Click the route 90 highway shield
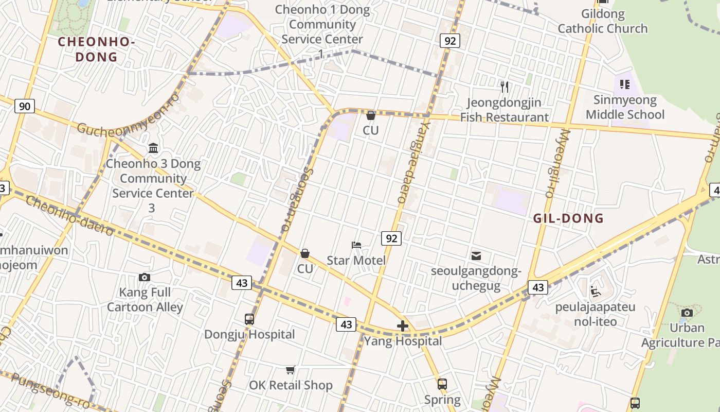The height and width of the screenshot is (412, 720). pyautogui.click(x=24, y=107)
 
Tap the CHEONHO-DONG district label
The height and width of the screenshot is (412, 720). pyautogui.click(x=96, y=49)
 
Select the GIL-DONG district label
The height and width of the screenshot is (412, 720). pyautogui.click(x=568, y=218)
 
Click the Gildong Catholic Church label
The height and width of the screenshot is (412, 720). pyautogui.click(x=603, y=21)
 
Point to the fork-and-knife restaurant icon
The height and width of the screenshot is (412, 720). pyautogui.click(x=505, y=87)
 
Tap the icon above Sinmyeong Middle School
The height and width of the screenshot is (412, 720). pyautogui.click(x=625, y=84)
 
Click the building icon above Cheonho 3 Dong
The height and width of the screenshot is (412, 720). pyautogui.click(x=153, y=148)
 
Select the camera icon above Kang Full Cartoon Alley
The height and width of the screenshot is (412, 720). pyautogui.click(x=145, y=278)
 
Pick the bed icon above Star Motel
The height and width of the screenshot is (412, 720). pyautogui.click(x=356, y=245)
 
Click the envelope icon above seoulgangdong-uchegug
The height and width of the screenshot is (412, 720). pyautogui.click(x=476, y=255)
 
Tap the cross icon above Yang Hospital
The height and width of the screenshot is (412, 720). pyautogui.click(x=403, y=326)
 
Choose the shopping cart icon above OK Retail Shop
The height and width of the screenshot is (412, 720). pyautogui.click(x=291, y=370)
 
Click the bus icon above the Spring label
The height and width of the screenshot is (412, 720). pyautogui.click(x=442, y=384)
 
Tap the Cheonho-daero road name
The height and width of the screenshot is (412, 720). pyautogui.click(x=69, y=216)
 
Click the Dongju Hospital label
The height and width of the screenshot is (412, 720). pyautogui.click(x=249, y=334)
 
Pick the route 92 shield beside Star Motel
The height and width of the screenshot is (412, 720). pyautogui.click(x=391, y=238)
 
